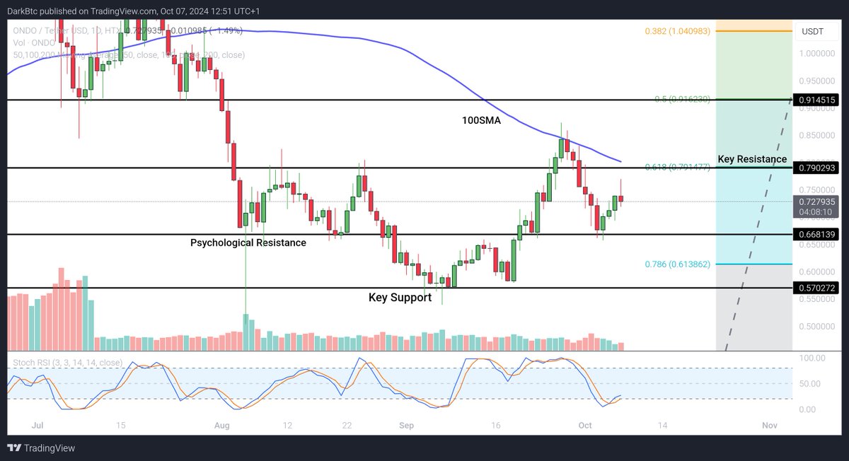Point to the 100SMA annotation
pyautogui.click(x=482, y=121)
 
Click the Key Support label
pyautogui.click(x=400, y=298)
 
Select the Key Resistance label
pyautogui.click(x=752, y=159)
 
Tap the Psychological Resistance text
pyautogui.click(x=248, y=243)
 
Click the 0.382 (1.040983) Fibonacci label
pyautogui.click(x=677, y=32)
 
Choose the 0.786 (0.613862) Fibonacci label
pyautogui.click(x=677, y=264)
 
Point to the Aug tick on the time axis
pyautogui.click(x=222, y=425)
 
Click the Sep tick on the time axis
pyautogui.click(x=406, y=425)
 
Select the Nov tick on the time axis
pyautogui.click(x=770, y=425)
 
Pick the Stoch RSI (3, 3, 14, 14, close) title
pyautogui.click(x=68, y=363)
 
